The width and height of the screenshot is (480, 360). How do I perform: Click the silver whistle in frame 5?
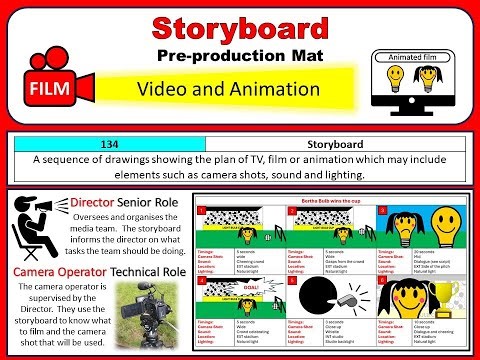[355, 301]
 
